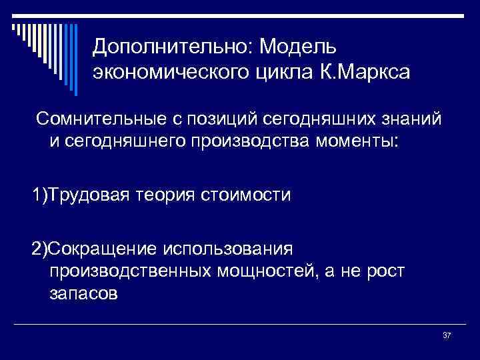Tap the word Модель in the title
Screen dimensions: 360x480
pyautogui.click(x=299, y=46)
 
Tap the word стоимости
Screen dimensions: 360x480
pyautogui.click(x=247, y=196)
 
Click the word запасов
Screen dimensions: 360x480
pyautogui.click(x=83, y=294)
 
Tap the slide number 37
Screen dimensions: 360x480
pyautogui.click(x=447, y=335)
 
